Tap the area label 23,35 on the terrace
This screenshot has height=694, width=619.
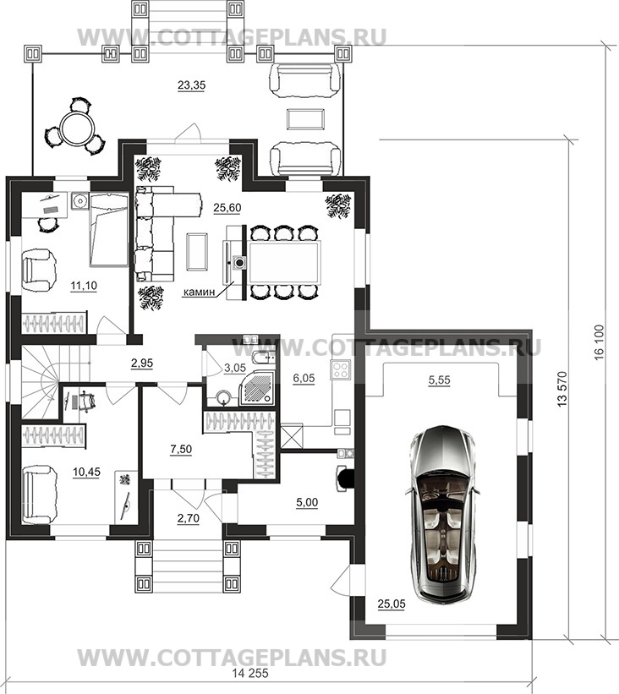click(191, 85)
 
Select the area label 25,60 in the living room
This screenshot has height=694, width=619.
click(227, 207)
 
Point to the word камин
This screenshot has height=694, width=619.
click(200, 292)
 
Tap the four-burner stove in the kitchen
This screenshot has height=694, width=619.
click(341, 370)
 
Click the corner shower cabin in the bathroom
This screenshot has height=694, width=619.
click(256, 388)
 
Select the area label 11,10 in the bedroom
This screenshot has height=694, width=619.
click(84, 286)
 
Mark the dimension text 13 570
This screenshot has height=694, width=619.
click(562, 389)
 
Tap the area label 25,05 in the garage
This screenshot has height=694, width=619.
click(392, 604)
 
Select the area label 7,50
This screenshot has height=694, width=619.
click(181, 449)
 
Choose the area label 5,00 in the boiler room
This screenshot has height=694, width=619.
click(307, 502)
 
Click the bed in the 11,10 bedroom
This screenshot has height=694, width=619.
click(109, 230)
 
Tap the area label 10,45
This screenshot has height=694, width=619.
click(86, 472)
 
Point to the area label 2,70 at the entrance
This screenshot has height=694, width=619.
click(189, 517)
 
